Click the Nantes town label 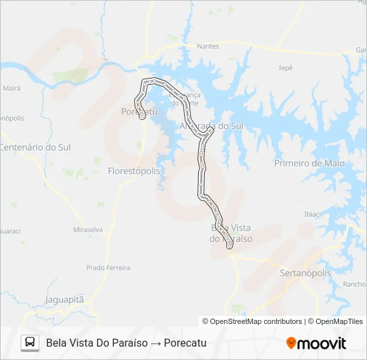208,46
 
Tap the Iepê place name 286,67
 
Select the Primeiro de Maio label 309,163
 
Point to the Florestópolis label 134,171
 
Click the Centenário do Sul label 35,147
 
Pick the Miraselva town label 88,229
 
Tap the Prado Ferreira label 108,267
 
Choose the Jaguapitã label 65,299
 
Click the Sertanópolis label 304,273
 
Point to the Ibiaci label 312,214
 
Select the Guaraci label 9,231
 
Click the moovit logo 316,343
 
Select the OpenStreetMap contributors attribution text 252,321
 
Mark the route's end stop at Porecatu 142,117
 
